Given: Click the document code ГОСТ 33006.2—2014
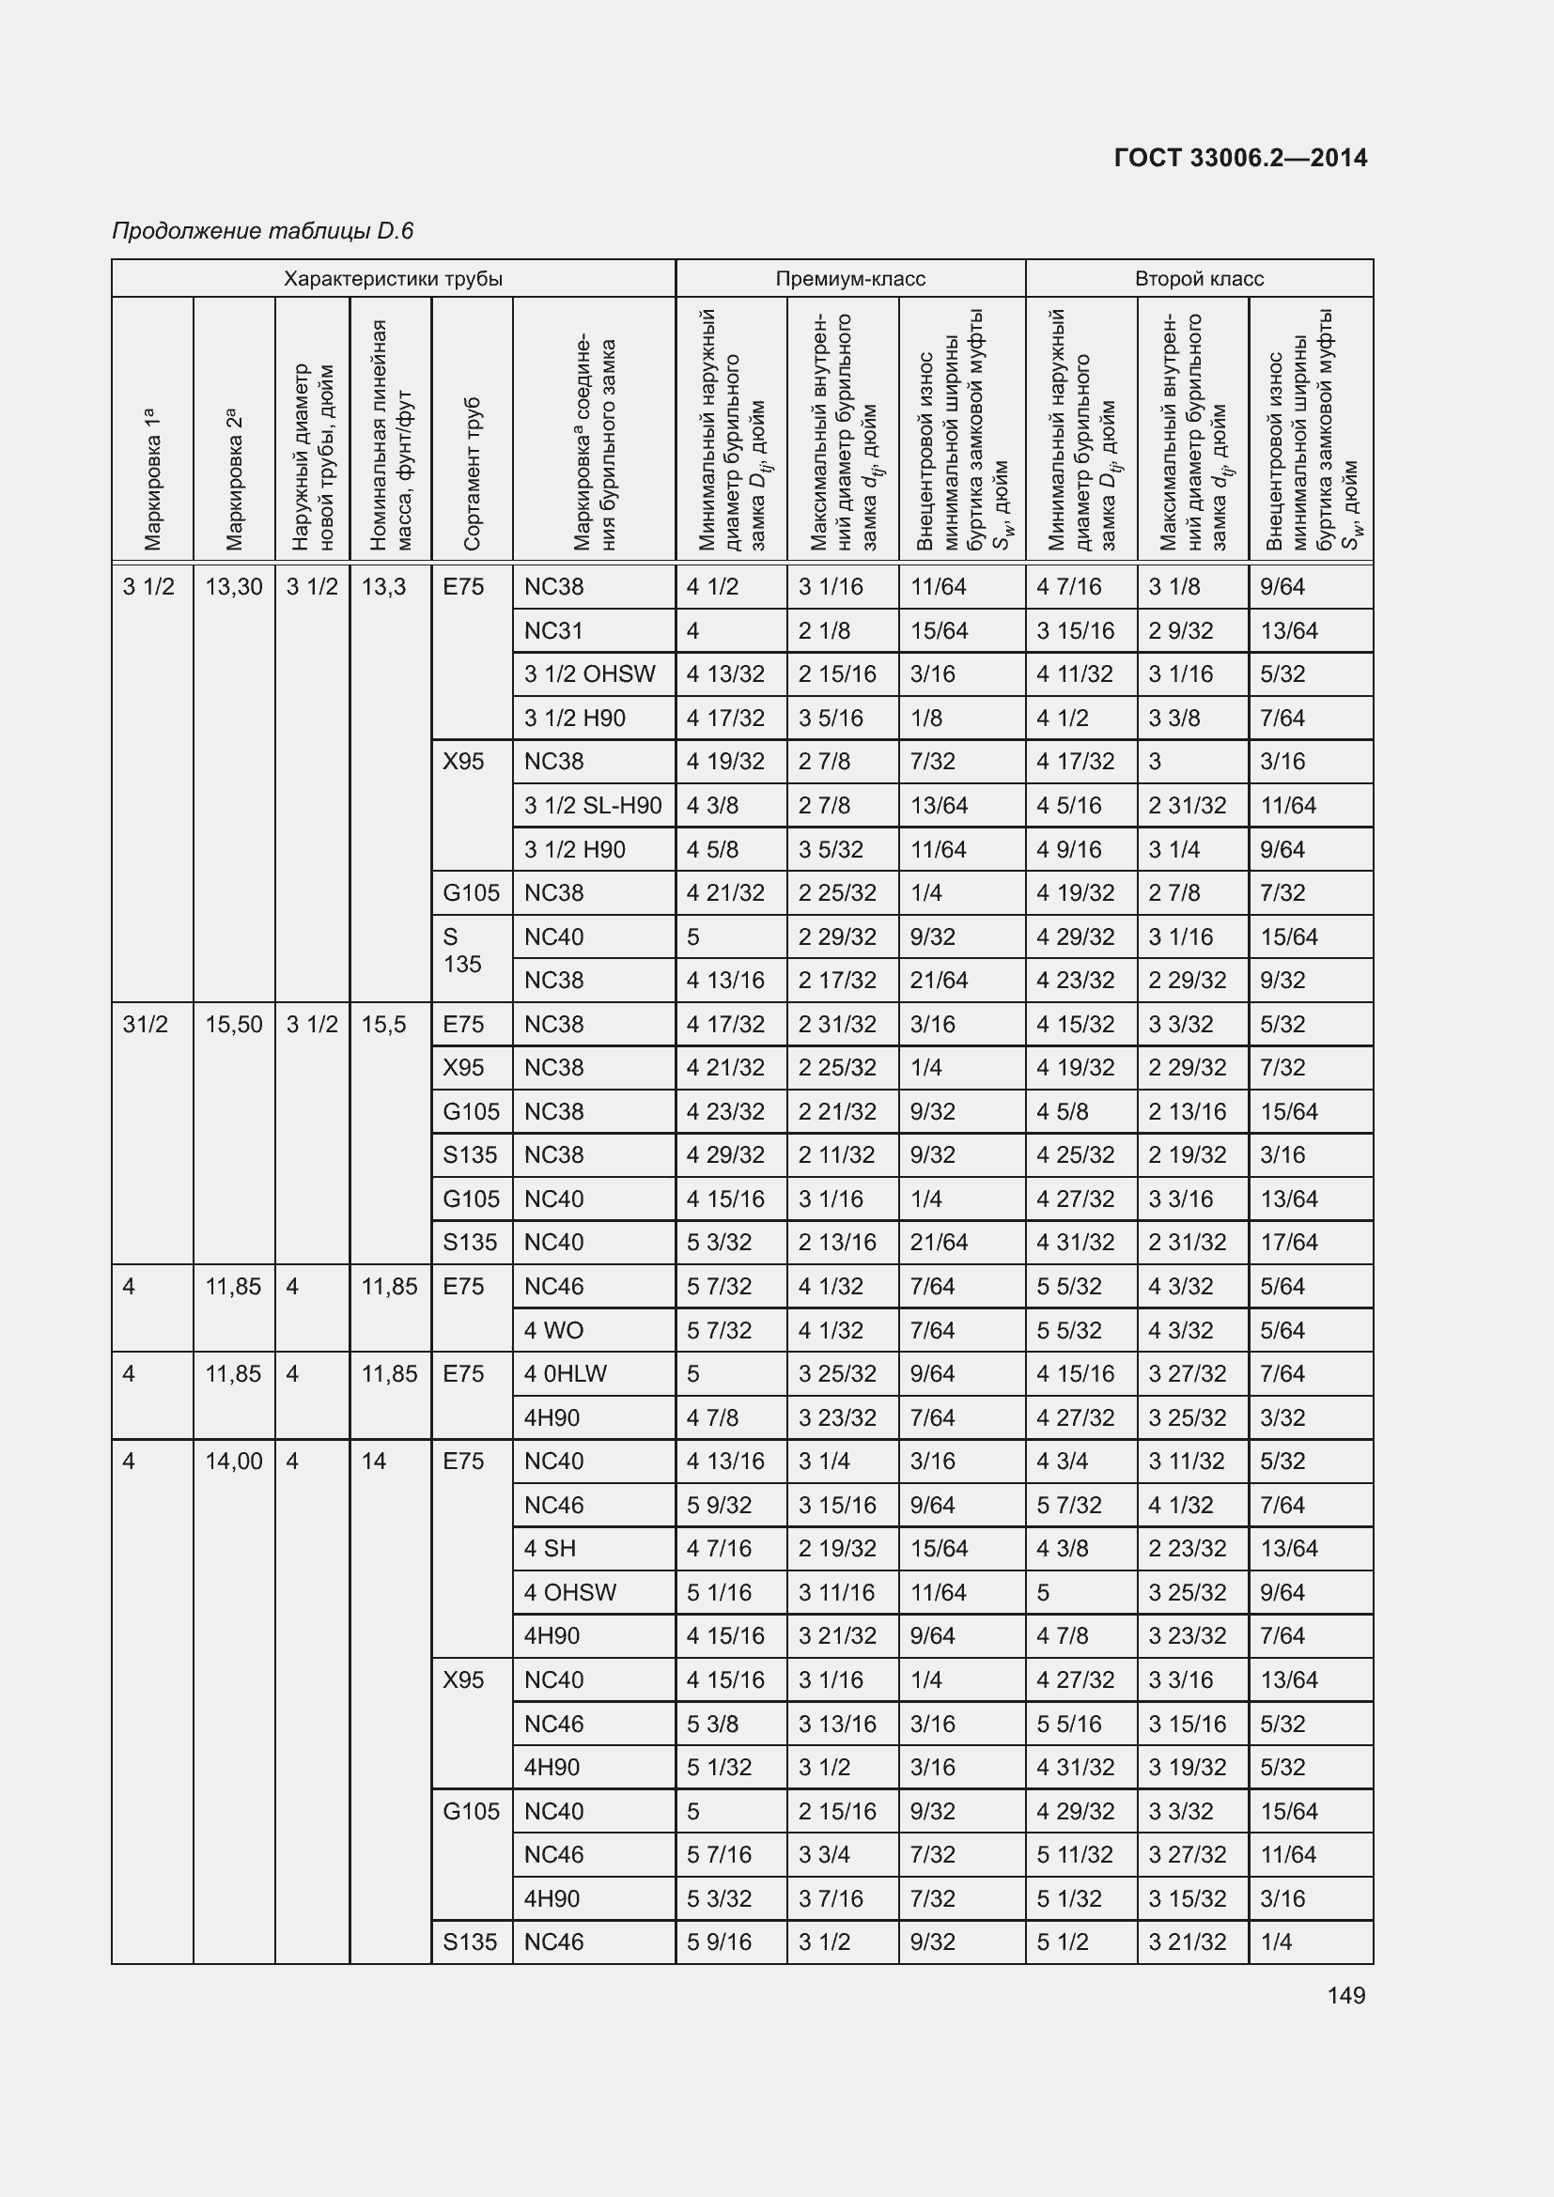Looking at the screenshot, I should (x=1240, y=158).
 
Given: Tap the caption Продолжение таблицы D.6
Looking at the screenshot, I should (x=262, y=231).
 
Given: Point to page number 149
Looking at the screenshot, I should (x=1345, y=1995).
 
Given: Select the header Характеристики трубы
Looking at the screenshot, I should (x=393, y=278).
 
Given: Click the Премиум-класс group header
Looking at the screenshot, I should (x=849, y=278).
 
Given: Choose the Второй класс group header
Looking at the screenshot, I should (x=1198, y=278).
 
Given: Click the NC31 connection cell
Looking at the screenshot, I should (x=553, y=630).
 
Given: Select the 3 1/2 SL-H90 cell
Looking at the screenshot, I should (x=592, y=806).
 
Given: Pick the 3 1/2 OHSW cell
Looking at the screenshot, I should (x=588, y=674).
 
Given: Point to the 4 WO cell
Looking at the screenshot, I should (x=553, y=1330).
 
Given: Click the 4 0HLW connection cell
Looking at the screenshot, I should (x=565, y=1374).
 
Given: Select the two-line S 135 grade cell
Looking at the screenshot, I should (x=463, y=951).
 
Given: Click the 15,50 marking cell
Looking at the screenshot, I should (x=234, y=1025).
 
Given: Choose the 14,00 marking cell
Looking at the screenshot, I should (x=234, y=1462).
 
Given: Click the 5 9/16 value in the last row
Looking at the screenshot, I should (x=719, y=1942).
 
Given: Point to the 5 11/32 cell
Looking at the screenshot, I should (x=1075, y=1854).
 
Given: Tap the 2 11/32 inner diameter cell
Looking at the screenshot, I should (x=836, y=1155).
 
